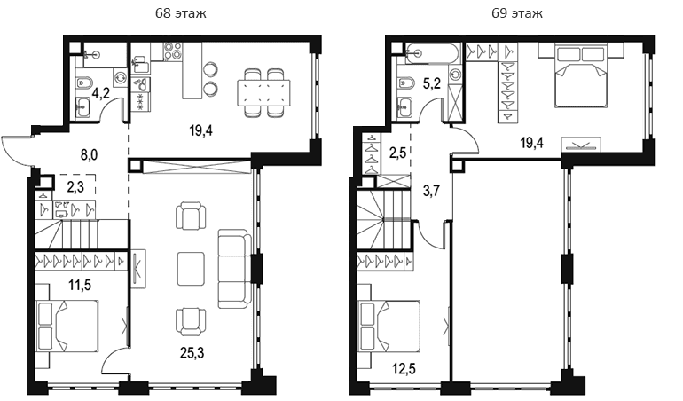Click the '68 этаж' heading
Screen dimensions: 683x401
181,13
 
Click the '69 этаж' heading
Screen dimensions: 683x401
517,13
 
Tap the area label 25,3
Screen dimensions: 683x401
192,353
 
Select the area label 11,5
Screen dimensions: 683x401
80,286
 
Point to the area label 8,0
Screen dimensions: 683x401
89,155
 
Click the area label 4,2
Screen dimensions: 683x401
100,93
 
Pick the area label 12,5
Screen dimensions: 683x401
404,369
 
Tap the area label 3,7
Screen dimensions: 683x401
432,191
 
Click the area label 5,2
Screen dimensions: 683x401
432,83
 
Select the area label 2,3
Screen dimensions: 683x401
75,187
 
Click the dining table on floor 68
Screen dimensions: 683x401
263,93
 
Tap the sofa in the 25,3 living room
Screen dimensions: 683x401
234,269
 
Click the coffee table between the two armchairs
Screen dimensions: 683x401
191,269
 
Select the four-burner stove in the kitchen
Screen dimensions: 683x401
173,51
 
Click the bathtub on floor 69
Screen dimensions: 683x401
432,53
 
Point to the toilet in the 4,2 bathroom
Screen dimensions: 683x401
83,83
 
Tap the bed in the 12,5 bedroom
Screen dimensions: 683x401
389,326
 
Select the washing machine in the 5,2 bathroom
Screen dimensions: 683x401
456,75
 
